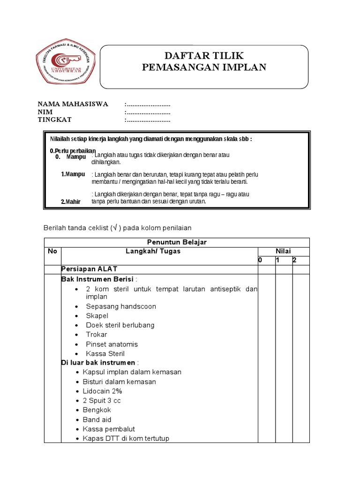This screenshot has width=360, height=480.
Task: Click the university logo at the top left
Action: [x=66, y=66]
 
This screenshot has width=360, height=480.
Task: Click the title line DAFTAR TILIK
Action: [x=204, y=56]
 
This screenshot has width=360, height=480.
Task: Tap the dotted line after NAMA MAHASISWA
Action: [x=148, y=104]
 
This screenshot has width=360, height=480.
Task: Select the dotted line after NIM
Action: [x=148, y=112]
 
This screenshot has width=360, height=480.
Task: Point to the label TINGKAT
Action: [x=54, y=120]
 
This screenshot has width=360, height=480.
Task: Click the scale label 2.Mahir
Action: [x=71, y=202]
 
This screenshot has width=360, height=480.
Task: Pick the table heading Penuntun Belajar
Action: [x=177, y=242]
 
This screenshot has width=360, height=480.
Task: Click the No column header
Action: [x=52, y=251]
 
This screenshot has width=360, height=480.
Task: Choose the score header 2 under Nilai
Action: [x=294, y=260]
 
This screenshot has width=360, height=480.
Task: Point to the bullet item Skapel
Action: [x=97, y=316]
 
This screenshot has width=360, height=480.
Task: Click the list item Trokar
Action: [x=97, y=335]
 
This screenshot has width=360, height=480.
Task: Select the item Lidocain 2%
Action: [x=103, y=391]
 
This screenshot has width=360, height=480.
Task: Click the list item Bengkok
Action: [x=97, y=410]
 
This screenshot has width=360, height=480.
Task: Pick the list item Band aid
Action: [x=97, y=420]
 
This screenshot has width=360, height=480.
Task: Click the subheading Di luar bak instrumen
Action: [x=98, y=363]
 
